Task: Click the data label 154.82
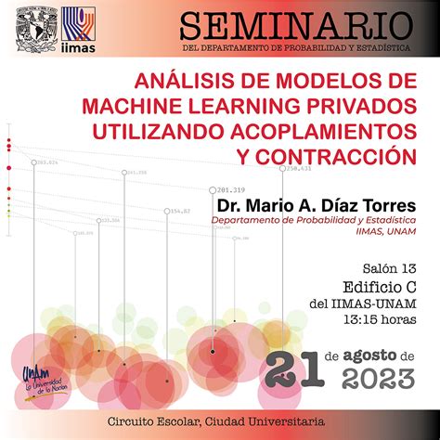[180, 211]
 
